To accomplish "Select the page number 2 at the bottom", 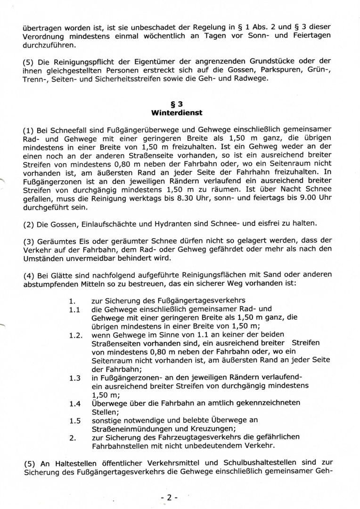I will point(168,498).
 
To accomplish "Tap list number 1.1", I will point(74,310).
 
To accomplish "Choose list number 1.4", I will point(74,404).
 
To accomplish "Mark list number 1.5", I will point(74,420).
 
